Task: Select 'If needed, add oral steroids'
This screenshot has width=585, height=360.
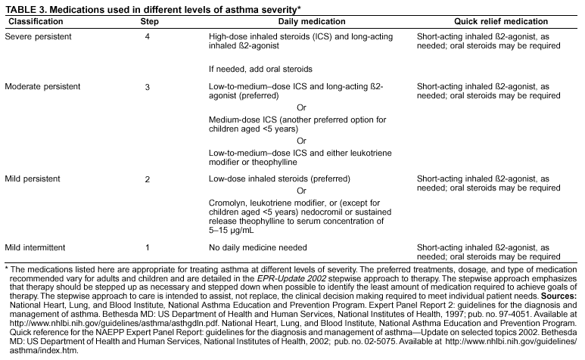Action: [261, 69]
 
